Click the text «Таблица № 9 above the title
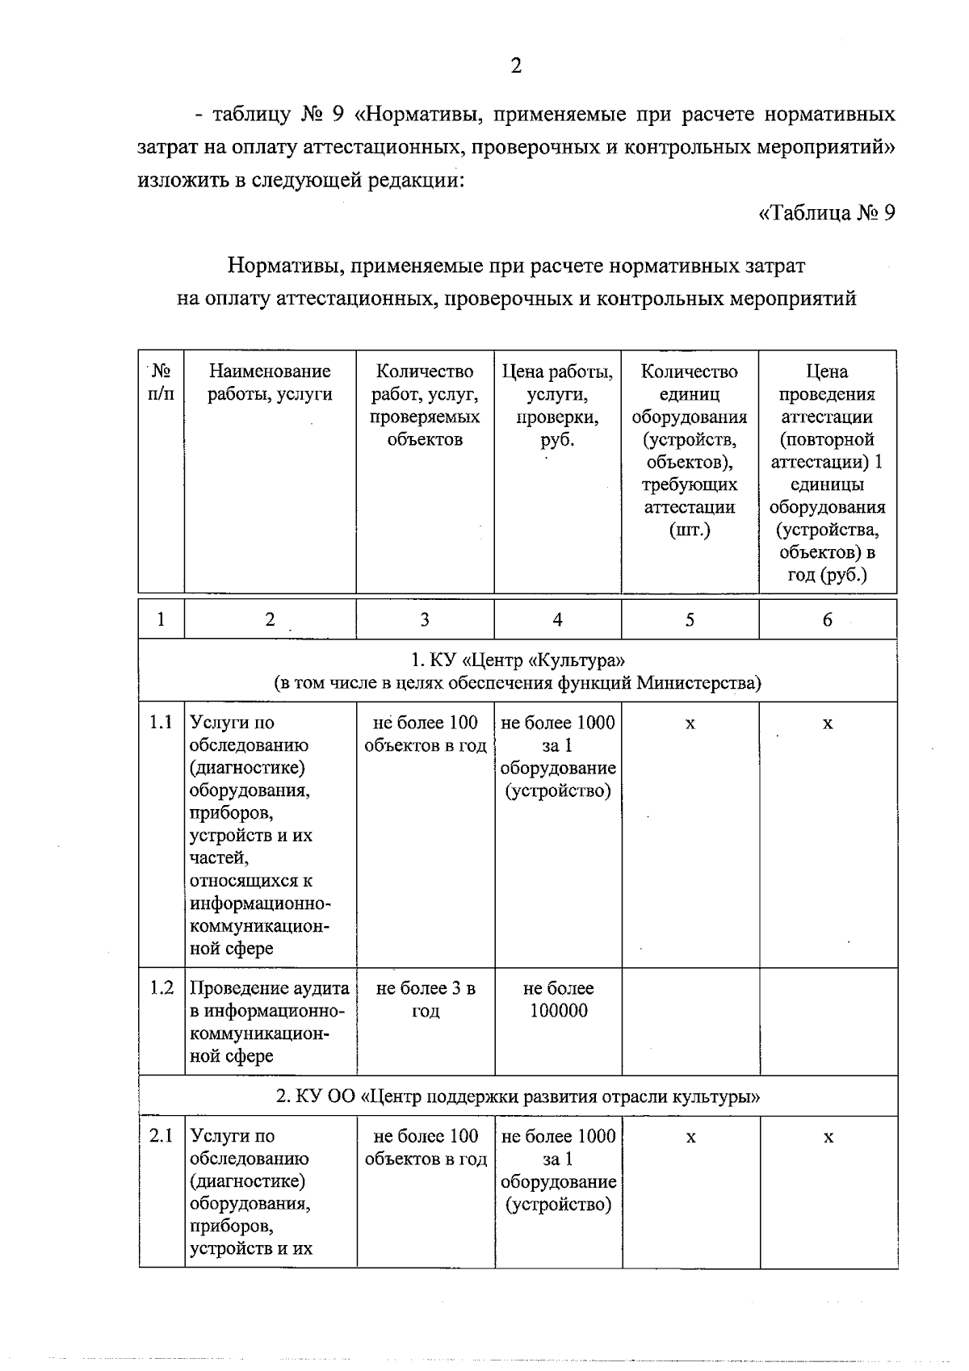tap(827, 213)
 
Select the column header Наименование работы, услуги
tap(270, 383)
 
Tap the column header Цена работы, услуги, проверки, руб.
tap(557, 405)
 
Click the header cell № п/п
tap(161, 383)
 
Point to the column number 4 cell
tap(557, 619)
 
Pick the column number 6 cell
tap(827, 619)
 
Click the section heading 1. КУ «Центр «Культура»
tap(517, 660)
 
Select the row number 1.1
tap(161, 723)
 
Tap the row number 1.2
tap(161, 988)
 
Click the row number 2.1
tap(161, 1136)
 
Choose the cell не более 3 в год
tap(425, 1000)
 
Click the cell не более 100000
tap(558, 1000)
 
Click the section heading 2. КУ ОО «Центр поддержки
tap(517, 1096)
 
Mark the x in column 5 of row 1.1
tap(690, 724)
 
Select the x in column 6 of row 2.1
tap(828, 1138)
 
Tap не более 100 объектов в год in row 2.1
tap(426, 1147)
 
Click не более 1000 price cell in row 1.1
tap(558, 757)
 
